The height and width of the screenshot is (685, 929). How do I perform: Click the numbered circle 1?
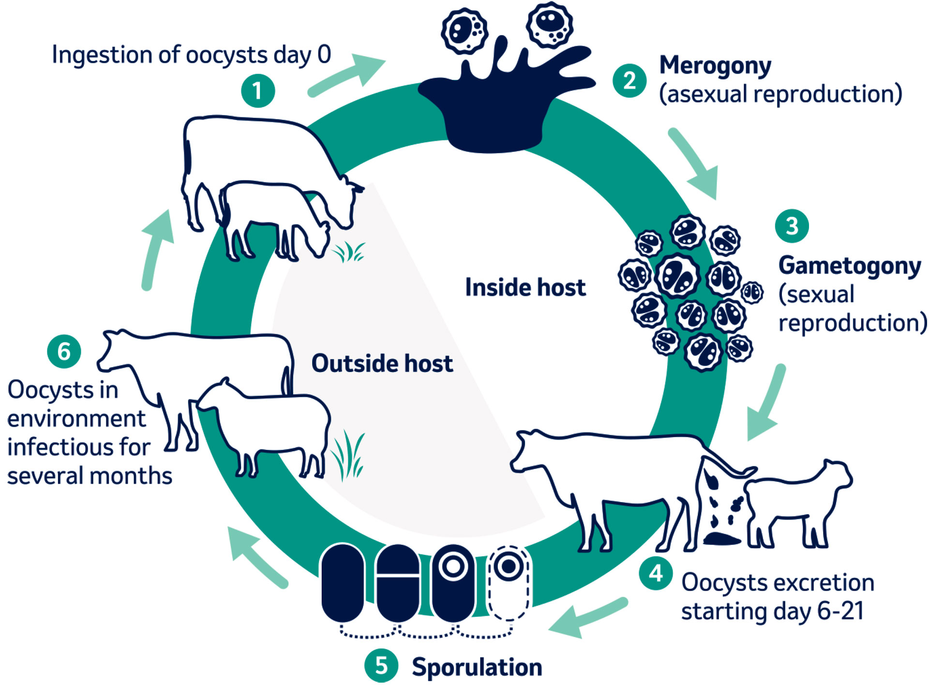click(x=258, y=90)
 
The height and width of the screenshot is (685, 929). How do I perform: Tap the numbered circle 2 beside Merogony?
click(x=629, y=80)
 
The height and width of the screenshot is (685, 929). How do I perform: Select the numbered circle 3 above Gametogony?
click(x=792, y=225)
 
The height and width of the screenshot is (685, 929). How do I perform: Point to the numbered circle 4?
click(x=656, y=573)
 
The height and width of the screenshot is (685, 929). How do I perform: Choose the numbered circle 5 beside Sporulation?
click(x=381, y=666)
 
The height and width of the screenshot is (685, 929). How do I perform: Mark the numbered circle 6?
click(x=64, y=351)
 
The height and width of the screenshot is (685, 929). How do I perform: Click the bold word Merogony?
click(x=715, y=66)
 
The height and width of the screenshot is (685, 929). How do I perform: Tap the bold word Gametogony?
click(x=850, y=266)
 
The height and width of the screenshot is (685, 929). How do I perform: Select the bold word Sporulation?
click(x=477, y=667)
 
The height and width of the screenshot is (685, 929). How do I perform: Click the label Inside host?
click(x=525, y=287)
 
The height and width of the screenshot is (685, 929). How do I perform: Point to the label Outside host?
click(x=382, y=363)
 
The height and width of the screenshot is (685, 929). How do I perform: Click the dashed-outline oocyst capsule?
click(x=509, y=582)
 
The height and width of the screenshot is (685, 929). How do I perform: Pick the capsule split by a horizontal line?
click(x=398, y=582)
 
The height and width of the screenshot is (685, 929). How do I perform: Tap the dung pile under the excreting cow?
click(x=721, y=538)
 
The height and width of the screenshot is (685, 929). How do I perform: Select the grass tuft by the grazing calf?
click(x=349, y=252)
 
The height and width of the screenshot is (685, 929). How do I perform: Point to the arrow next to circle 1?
click(x=347, y=76)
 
